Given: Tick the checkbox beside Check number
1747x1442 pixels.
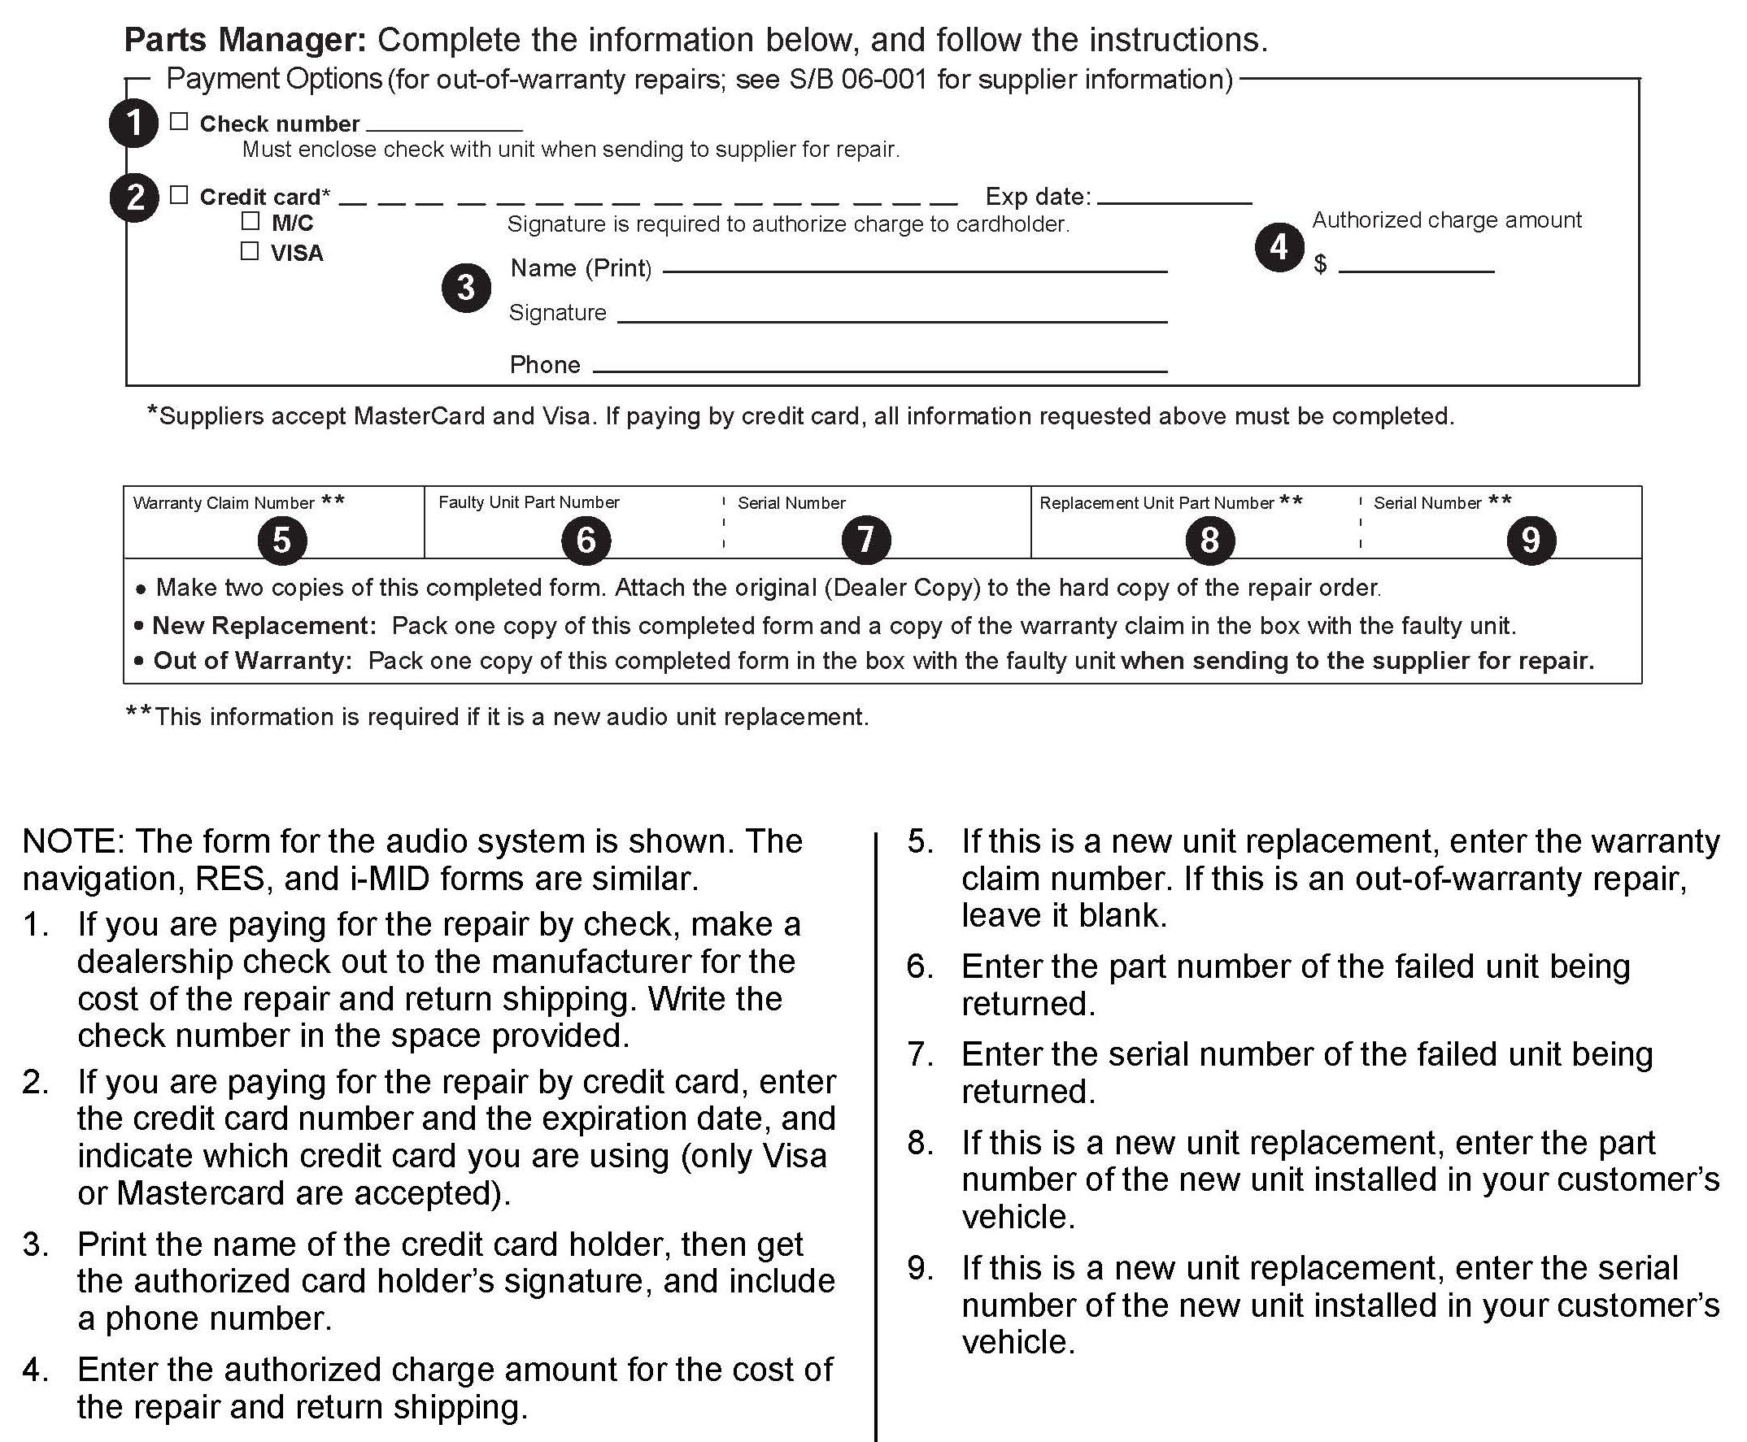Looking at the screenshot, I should click(x=179, y=121).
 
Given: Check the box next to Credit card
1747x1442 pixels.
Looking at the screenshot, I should click(x=179, y=194).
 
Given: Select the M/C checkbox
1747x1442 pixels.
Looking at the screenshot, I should click(x=251, y=221).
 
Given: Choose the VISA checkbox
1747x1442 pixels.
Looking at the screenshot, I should click(x=250, y=251).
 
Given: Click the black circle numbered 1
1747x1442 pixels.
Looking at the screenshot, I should click(x=133, y=124).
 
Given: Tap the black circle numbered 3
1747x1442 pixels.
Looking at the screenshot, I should click(x=465, y=288).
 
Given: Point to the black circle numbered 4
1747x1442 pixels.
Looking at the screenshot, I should click(x=1279, y=247).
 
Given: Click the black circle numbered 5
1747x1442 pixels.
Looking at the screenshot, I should click(x=281, y=540).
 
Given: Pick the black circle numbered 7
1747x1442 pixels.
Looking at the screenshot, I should click(x=865, y=539).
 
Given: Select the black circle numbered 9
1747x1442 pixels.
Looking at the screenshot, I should click(x=1531, y=540).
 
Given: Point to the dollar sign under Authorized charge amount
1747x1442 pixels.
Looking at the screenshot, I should click(x=1320, y=264).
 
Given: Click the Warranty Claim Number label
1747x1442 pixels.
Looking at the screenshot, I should click(x=224, y=502).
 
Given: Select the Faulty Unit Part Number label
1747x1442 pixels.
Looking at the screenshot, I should click(x=529, y=502).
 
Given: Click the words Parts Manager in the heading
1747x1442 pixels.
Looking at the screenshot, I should click(x=244, y=40).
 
